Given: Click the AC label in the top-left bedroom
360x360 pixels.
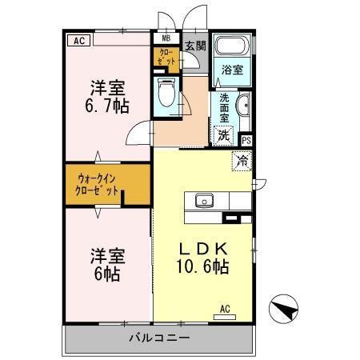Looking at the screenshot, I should (x=78, y=38).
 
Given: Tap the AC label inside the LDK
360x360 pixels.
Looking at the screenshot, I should (x=225, y=308).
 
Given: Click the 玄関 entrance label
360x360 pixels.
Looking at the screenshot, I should (x=194, y=46).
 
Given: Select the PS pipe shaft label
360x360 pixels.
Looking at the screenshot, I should (x=246, y=139).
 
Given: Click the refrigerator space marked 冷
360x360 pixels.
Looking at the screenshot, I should (x=242, y=160).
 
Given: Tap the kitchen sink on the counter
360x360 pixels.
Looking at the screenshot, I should (x=203, y=200).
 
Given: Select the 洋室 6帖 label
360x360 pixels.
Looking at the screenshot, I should (x=106, y=264).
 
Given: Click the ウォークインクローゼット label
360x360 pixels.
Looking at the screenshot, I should (x=98, y=185).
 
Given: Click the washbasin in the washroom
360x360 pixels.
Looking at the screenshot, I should (x=242, y=105).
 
